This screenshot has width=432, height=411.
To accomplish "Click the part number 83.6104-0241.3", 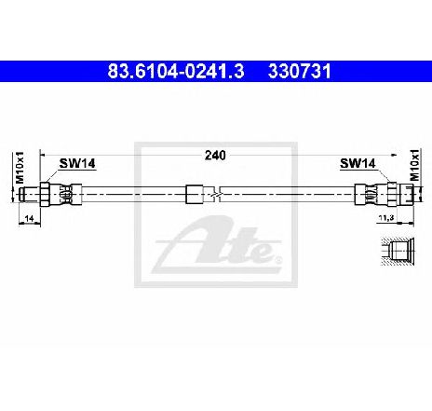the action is pyautogui.click(x=176, y=72).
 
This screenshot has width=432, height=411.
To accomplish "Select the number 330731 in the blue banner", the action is pyautogui.click(x=300, y=72).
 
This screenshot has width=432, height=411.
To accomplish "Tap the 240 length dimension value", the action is pyautogui.click(x=215, y=156).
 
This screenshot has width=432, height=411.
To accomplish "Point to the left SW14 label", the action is pyautogui.click(x=77, y=163).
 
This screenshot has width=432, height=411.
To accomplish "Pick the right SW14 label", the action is pyautogui.click(x=358, y=163).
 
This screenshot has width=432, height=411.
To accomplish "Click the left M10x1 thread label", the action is pyautogui.click(x=20, y=168).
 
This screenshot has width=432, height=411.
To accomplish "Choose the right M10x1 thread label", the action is pyautogui.click(x=414, y=164).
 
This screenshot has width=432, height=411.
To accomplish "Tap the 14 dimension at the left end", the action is pyautogui.click(x=29, y=218).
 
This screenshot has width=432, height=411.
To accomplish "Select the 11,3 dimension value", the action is pyautogui.click(x=386, y=218).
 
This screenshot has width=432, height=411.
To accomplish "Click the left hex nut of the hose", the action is pyautogui.click(x=45, y=195).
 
